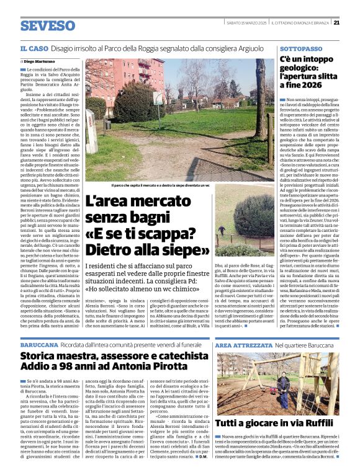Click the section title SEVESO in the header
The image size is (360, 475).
click(x=47, y=26)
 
